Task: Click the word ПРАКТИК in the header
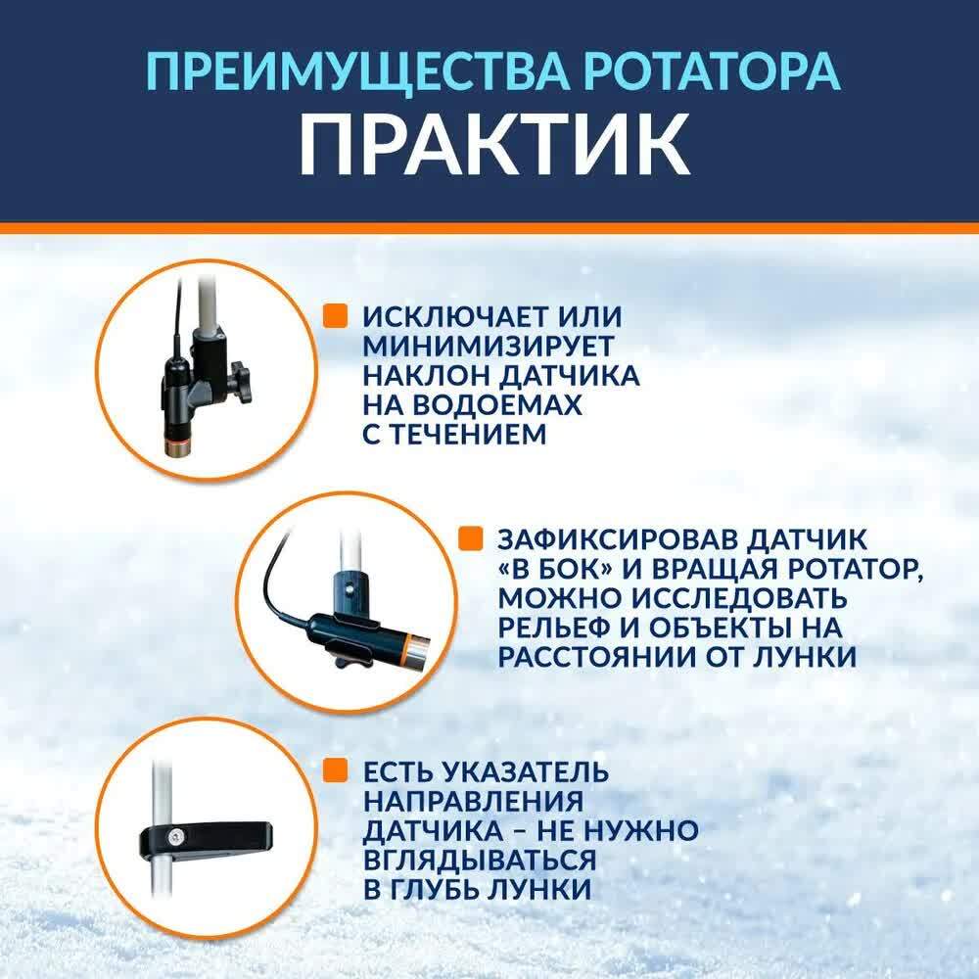click(x=493, y=147)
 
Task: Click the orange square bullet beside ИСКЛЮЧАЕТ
click(x=335, y=316)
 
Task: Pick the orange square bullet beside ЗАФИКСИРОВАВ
click(x=470, y=538)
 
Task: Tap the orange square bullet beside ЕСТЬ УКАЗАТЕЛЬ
click(x=335, y=770)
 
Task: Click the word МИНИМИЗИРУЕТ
click(x=489, y=346)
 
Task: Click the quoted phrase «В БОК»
click(x=556, y=569)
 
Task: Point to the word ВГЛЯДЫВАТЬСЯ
click(x=480, y=861)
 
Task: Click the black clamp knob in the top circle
click(x=238, y=381)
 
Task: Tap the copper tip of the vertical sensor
click(x=177, y=447)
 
